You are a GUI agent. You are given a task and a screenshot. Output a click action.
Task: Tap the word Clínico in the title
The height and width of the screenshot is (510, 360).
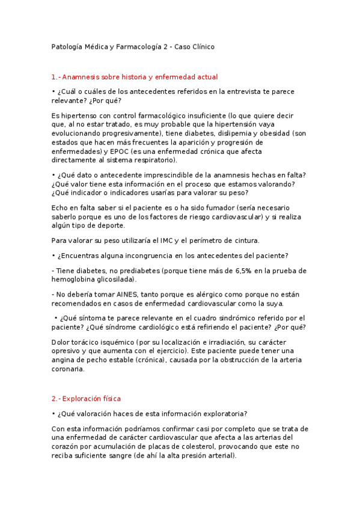(201, 46)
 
